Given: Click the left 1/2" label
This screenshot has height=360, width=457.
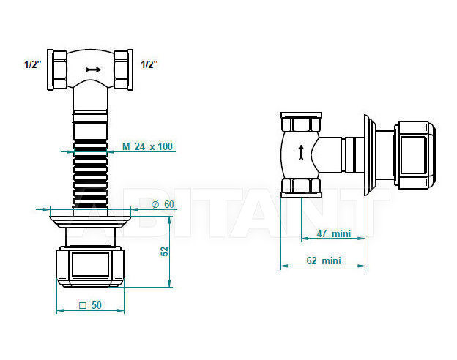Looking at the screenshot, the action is click(33, 64).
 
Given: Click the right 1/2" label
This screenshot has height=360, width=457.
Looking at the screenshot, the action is click(149, 64).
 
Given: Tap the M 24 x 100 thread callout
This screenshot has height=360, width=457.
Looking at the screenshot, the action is click(147, 146).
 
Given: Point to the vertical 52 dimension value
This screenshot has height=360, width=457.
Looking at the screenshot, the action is click(165, 252).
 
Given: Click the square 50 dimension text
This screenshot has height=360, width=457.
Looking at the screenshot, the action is click(90, 305).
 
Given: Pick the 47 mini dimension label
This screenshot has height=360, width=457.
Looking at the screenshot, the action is click(334, 233).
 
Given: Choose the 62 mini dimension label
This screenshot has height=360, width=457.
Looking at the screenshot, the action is click(324, 260).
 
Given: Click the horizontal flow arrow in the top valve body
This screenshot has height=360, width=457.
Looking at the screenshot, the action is click(93, 70).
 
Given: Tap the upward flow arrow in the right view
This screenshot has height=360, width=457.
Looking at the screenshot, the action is click(301, 152).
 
